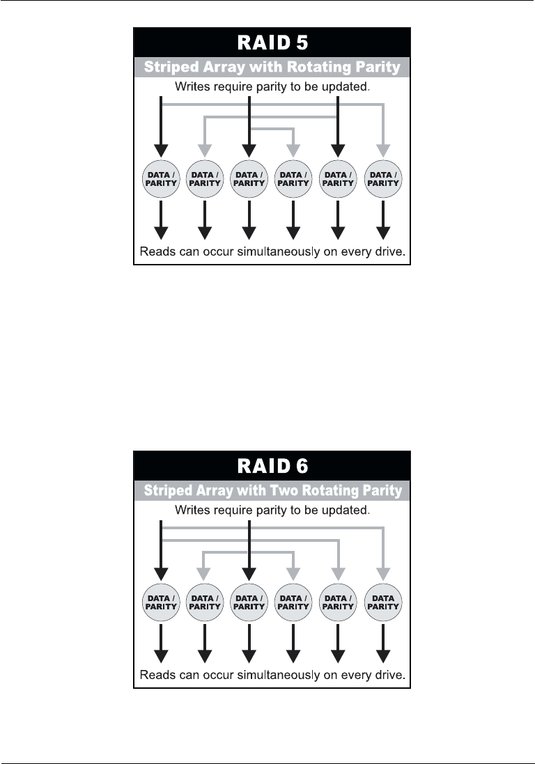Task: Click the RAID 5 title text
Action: click(272, 43)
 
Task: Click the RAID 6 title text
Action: click(272, 467)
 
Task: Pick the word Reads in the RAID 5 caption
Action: click(156, 251)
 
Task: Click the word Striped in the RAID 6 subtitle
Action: click(169, 491)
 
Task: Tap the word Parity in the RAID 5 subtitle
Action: click(380, 68)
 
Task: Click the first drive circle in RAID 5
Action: click(161, 179)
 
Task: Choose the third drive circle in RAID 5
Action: click(249, 179)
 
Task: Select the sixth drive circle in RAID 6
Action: click(383, 602)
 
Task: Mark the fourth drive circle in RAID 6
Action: click(293, 602)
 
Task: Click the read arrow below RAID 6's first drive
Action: click(161, 646)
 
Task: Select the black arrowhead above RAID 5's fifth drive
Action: click(338, 150)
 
